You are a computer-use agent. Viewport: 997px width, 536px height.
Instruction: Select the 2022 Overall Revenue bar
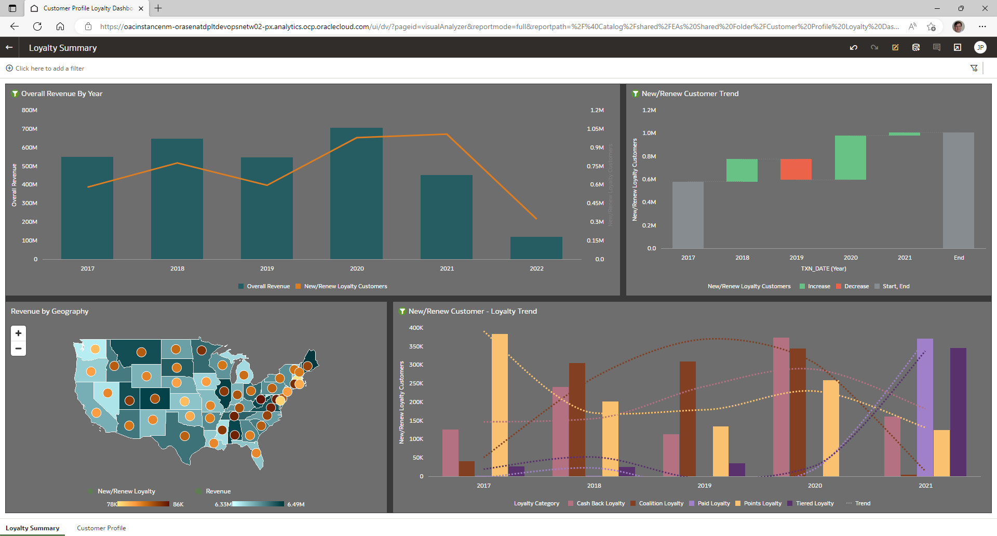(x=536, y=248)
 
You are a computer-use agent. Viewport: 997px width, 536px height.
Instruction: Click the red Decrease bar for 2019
(x=796, y=169)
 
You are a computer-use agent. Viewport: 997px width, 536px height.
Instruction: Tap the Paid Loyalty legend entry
(x=713, y=503)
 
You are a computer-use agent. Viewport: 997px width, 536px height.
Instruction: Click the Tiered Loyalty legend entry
(x=814, y=503)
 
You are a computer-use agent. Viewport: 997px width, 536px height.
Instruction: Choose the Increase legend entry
(x=818, y=286)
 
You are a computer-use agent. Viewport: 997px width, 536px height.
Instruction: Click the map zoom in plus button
(x=18, y=333)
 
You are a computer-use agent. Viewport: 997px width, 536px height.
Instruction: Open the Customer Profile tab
(x=101, y=528)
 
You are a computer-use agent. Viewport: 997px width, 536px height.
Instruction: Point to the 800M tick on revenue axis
(x=30, y=110)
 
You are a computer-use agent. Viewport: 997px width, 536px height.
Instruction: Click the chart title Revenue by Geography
(x=50, y=311)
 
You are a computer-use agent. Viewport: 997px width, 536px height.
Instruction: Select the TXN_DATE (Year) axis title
(x=823, y=269)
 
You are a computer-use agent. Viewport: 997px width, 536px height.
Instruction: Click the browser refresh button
(x=37, y=26)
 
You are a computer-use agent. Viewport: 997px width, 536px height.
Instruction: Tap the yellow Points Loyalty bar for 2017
(x=500, y=405)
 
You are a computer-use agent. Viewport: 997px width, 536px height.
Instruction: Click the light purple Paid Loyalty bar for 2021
(x=925, y=407)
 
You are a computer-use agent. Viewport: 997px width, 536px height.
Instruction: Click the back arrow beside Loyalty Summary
(x=9, y=47)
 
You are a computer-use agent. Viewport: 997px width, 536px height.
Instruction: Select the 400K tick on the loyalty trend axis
(x=416, y=328)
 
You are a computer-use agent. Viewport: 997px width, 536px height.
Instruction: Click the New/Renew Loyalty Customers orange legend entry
(x=345, y=286)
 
